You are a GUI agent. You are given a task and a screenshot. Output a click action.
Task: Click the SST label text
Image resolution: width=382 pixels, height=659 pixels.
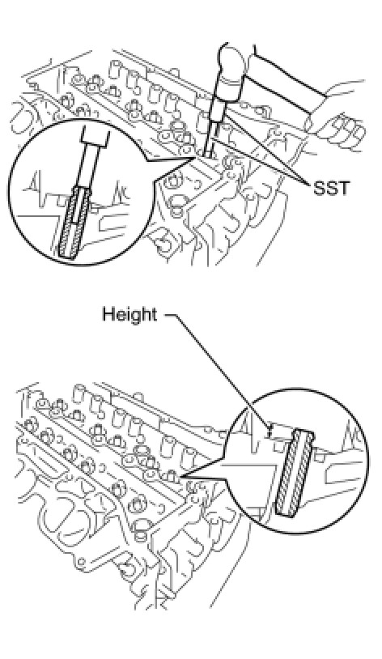click(x=332, y=189)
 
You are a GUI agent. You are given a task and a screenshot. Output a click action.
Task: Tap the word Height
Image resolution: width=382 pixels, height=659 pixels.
click(x=129, y=315)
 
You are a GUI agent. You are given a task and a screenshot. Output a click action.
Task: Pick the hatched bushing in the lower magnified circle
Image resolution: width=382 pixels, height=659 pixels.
click(x=295, y=472)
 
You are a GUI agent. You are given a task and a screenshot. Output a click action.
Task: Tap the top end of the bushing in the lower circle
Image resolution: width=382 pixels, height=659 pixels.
click(x=303, y=432)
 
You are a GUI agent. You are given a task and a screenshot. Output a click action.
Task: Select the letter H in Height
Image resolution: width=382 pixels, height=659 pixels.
click(x=108, y=314)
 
